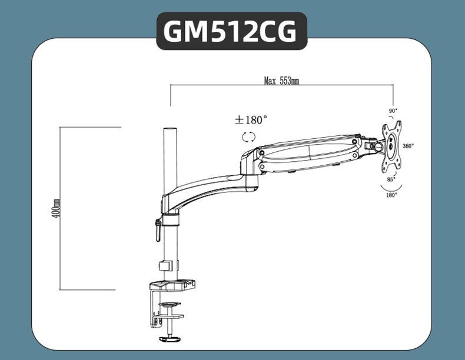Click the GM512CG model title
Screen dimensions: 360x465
[x=231, y=32]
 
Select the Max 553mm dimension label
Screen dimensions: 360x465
[x=281, y=81]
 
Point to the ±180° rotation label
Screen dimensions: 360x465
[x=251, y=120]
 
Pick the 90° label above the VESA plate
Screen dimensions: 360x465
[x=393, y=111]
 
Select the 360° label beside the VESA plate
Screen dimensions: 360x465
[x=408, y=146]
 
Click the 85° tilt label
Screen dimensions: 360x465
[x=391, y=179]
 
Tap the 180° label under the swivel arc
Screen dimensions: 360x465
[x=391, y=195]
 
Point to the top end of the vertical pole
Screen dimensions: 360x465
[x=170, y=130]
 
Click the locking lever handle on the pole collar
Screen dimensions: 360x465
[x=158, y=230]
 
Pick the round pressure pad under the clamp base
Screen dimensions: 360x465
[x=170, y=304]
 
